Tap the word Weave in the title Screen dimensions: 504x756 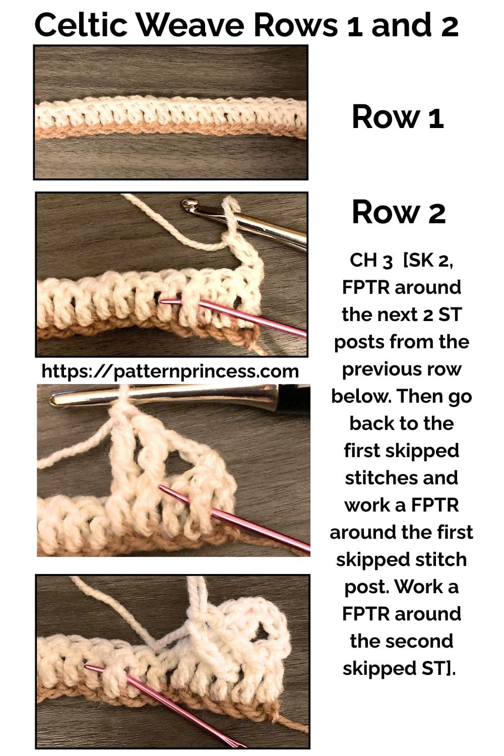(x=191, y=25)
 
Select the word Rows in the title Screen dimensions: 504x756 (x=296, y=25)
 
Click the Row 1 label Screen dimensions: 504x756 (x=398, y=117)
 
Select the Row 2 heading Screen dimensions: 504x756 (x=399, y=212)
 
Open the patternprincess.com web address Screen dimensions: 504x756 (x=170, y=371)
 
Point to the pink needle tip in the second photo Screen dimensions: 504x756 (x=161, y=301)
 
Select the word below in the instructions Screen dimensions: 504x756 (x=360, y=396)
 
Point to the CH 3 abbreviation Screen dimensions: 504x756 (x=371, y=261)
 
